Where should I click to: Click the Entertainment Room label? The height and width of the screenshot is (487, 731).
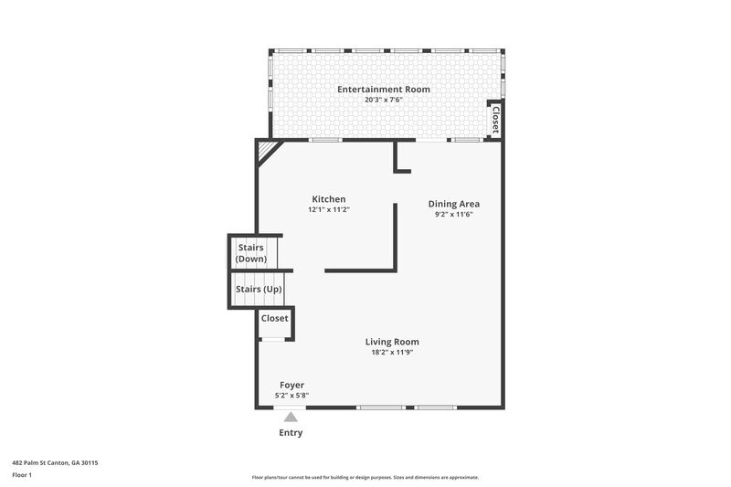pyautogui.click(x=383, y=90)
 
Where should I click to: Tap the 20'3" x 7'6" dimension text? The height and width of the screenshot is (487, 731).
pyautogui.click(x=383, y=100)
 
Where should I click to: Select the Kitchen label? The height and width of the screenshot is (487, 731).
pyautogui.click(x=329, y=199)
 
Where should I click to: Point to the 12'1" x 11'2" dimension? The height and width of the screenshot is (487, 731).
pyautogui.click(x=329, y=209)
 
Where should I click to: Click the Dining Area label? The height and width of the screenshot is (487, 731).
pyautogui.click(x=454, y=204)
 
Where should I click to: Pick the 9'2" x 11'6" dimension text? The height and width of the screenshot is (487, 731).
pyautogui.click(x=454, y=215)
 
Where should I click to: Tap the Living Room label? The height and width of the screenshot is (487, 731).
pyautogui.click(x=392, y=342)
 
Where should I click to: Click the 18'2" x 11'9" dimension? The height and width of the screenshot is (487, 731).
pyautogui.click(x=392, y=353)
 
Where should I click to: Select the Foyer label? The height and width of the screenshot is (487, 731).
pyautogui.click(x=291, y=385)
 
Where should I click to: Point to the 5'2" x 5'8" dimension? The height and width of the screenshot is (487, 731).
pyautogui.click(x=291, y=396)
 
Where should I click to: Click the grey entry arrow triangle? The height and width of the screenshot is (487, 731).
pyautogui.click(x=291, y=417)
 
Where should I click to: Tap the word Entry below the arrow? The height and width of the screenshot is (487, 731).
pyautogui.click(x=291, y=432)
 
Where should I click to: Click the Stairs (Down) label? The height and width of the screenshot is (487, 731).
pyautogui.click(x=251, y=253)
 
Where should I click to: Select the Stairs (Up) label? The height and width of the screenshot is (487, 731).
pyautogui.click(x=259, y=290)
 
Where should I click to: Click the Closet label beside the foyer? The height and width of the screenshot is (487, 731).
pyautogui.click(x=274, y=318)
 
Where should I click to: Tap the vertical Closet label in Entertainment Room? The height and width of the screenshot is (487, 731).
pyautogui.click(x=495, y=119)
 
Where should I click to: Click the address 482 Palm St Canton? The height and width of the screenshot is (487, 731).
pyautogui.click(x=55, y=463)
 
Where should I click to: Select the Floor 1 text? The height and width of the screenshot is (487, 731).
pyautogui.click(x=23, y=475)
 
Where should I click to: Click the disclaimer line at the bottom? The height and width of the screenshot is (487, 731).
pyautogui.click(x=365, y=477)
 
